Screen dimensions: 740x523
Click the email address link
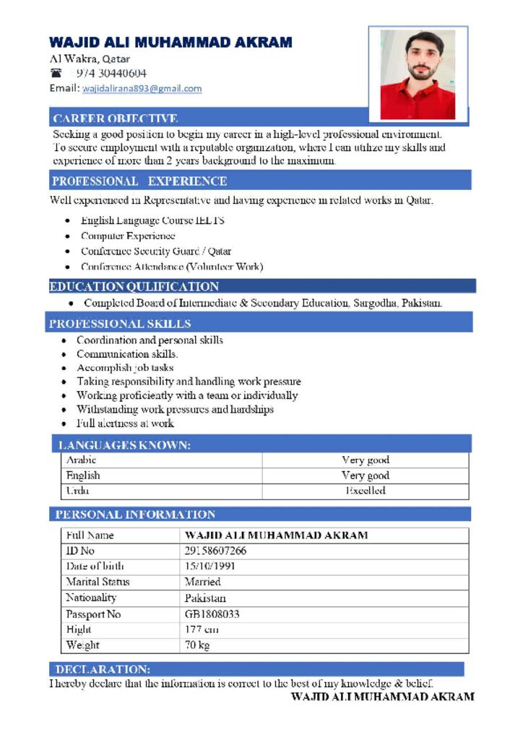click(142, 89)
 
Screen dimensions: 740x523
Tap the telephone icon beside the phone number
click(57, 73)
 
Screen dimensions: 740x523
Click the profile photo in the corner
click(418, 74)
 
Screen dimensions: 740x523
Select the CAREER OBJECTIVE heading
click(116, 119)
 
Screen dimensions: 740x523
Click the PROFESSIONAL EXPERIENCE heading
click(139, 181)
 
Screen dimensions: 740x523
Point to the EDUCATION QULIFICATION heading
click(134, 287)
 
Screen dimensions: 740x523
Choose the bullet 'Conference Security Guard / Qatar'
click(156, 251)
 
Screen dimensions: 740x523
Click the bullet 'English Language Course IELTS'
click(152, 220)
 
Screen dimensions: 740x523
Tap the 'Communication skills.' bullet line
click(127, 354)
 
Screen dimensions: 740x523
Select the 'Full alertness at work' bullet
click(125, 423)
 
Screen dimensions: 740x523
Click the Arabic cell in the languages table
click(82, 460)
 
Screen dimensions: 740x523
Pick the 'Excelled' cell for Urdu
click(365, 491)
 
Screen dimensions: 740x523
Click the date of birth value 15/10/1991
click(210, 566)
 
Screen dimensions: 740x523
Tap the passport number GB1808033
click(212, 614)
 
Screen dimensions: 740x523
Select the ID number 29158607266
click(215, 551)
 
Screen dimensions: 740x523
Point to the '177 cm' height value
click(202, 629)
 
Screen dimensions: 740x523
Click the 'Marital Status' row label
click(98, 582)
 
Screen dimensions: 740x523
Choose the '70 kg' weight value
click(197, 645)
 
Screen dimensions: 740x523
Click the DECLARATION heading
click(103, 669)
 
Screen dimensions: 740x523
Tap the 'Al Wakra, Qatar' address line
click(90, 59)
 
